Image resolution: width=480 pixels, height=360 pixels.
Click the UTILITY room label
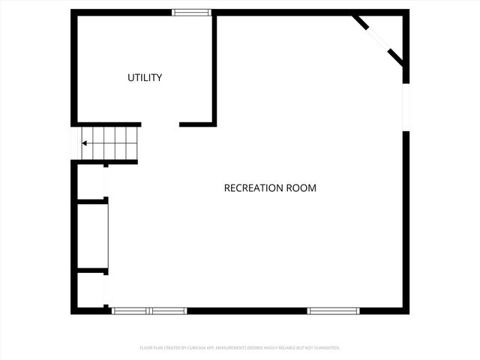[145, 78]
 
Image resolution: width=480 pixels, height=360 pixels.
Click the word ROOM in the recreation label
[301, 188]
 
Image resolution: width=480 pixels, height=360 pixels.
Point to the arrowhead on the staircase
[85, 143]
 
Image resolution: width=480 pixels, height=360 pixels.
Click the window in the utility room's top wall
[191, 12]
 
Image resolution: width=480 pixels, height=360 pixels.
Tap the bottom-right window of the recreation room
[333, 310]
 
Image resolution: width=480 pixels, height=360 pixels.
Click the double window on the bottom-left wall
[149, 310]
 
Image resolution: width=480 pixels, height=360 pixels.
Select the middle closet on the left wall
[92, 235]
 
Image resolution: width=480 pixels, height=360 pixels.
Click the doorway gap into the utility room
[160, 124]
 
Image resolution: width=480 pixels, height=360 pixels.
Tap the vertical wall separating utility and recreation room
[214, 67]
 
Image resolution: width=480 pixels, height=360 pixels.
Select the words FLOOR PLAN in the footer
[153, 348]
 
